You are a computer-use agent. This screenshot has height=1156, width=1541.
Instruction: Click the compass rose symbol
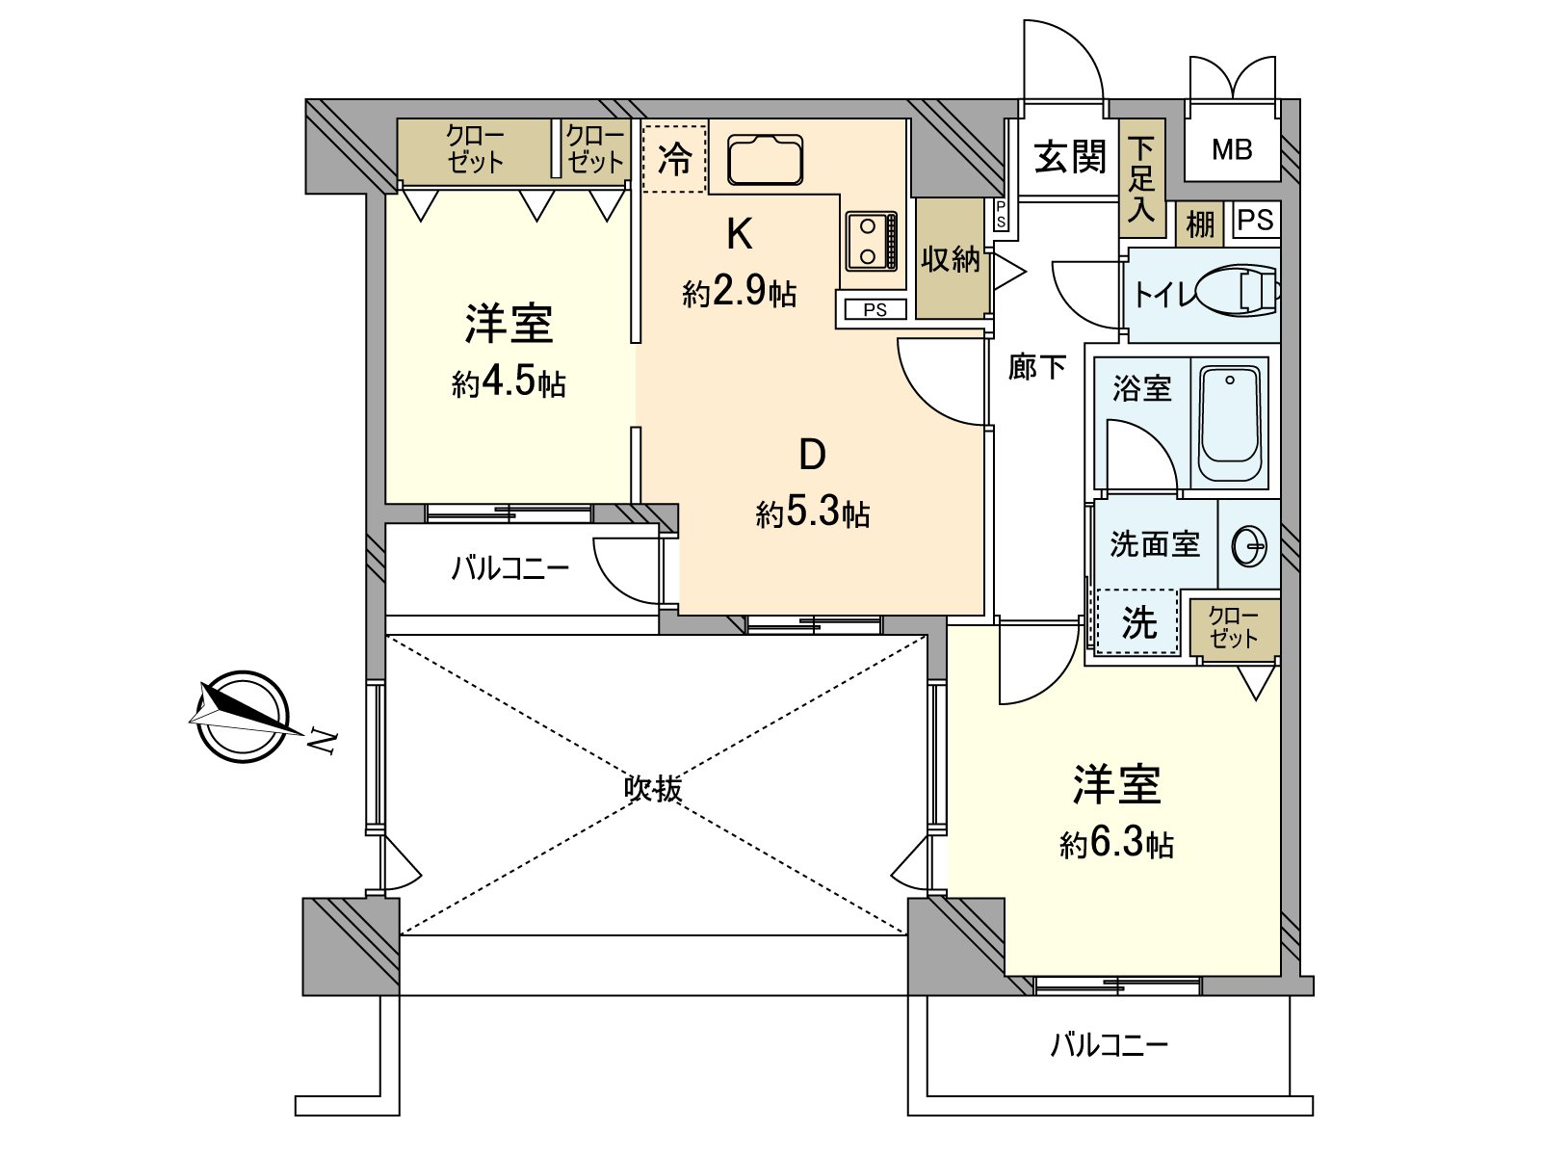tap(241, 717)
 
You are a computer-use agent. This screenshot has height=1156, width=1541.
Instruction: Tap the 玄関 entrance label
tap(1070, 156)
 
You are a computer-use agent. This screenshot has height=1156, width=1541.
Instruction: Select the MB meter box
tap(1232, 149)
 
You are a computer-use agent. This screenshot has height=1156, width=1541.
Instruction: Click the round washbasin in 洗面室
tap(1250, 546)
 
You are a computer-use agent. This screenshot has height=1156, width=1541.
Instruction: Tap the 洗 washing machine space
tap(1138, 622)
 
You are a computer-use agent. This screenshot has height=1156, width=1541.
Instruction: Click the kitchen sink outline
tap(765, 159)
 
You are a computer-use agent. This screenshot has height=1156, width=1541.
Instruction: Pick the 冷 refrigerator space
tap(674, 159)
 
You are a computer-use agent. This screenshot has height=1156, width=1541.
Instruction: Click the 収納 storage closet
tap(951, 259)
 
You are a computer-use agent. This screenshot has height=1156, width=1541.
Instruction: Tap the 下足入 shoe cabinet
tap(1141, 178)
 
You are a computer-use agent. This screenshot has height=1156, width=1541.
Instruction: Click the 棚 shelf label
tap(1199, 224)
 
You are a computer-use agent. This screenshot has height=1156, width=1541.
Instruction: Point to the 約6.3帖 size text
tap(1116, 844)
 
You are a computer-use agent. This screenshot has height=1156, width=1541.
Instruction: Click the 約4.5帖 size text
tap(509, 382)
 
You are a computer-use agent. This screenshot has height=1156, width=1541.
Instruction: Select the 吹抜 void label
tap(654, 789)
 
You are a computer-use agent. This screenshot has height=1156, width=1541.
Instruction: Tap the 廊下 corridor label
tap(1037, 367)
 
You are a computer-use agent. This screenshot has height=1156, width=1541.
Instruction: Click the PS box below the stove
tap(875, 310)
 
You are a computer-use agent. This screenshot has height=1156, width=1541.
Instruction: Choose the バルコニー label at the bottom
tap(1109, 1045)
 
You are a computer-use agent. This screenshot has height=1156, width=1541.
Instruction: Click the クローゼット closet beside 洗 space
tap(1234, 627)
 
